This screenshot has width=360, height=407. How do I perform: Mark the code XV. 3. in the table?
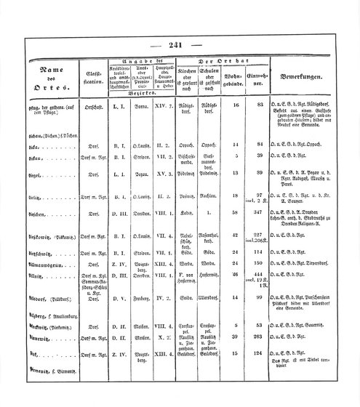coord(164,195)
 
